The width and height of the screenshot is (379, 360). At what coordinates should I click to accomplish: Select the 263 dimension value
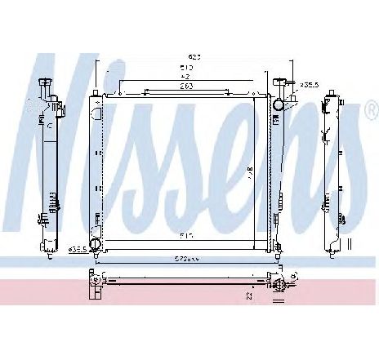point(187,86)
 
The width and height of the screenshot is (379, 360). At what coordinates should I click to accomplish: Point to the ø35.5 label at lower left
point(77,248)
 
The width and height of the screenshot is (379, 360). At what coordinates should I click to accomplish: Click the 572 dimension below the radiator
point(186,259)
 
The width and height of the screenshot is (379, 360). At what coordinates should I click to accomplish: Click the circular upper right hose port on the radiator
point(281,104)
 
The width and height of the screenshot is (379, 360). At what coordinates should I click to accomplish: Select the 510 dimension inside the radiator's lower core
point(186,237)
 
